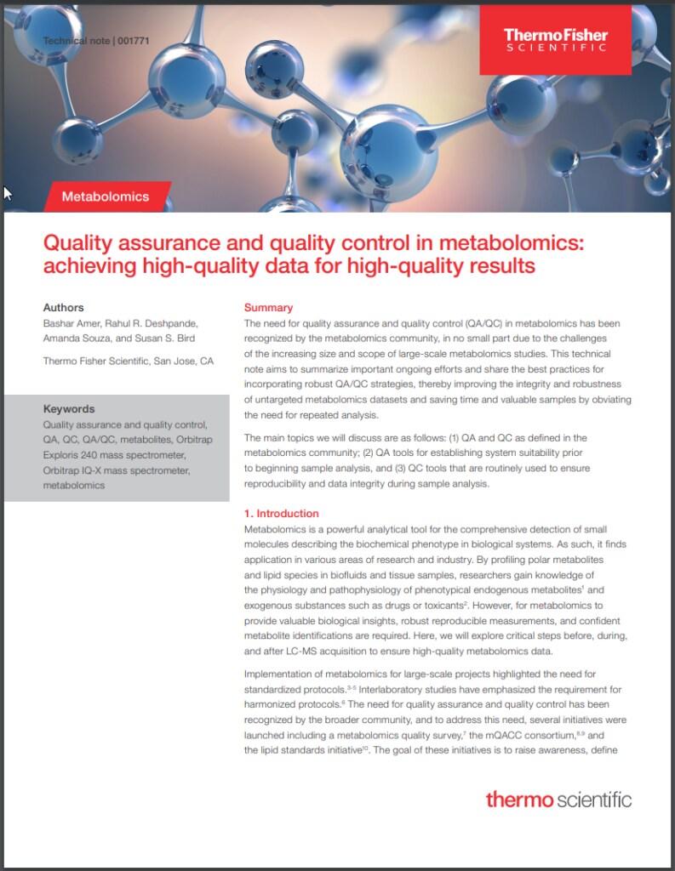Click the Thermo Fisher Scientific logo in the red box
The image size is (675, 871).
pos(555,39)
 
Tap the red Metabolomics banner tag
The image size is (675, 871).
pos(106,196)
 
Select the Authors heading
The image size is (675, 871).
pos(63,308)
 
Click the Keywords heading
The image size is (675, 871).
pos(69,409)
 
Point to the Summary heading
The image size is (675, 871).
pos(268,308)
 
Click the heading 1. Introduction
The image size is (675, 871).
pos(282,514)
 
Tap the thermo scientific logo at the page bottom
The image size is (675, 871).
pos(558,800)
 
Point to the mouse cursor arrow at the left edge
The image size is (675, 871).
pos(7,194)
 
